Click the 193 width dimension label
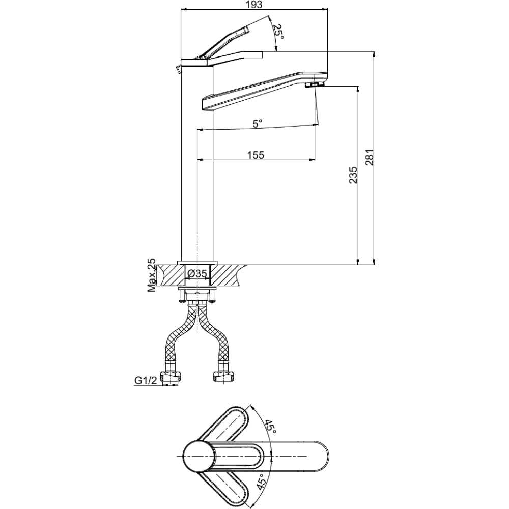[253, 5]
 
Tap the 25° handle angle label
[278, 32]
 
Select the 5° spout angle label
[257, 123]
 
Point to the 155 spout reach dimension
[257, 155]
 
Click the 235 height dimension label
[353, 175]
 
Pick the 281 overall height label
[370, 157]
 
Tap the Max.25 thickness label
[152, 275]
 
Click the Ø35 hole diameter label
[197, 274]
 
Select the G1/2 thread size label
[146, 380]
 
